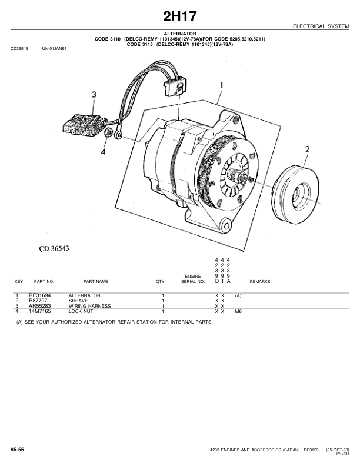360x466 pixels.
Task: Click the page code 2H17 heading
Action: (x=180, y=16)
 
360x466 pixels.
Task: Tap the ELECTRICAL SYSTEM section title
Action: (x=322, y=27)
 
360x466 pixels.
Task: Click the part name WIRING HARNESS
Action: (x=89, y=306)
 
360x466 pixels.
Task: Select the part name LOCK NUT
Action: (x=82, y=311)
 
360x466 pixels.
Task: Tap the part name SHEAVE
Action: (x=78, y=301)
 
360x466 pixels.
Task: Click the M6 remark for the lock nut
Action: (x=238, y=311)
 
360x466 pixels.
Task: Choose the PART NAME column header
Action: (x=96, y=282)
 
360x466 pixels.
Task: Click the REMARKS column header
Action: (x=260, y=282)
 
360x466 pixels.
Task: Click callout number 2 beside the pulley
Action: (x=307, y=150)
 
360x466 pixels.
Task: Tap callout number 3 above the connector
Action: (x=94, y=95)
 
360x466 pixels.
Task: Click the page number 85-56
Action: (x=17, y=450)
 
